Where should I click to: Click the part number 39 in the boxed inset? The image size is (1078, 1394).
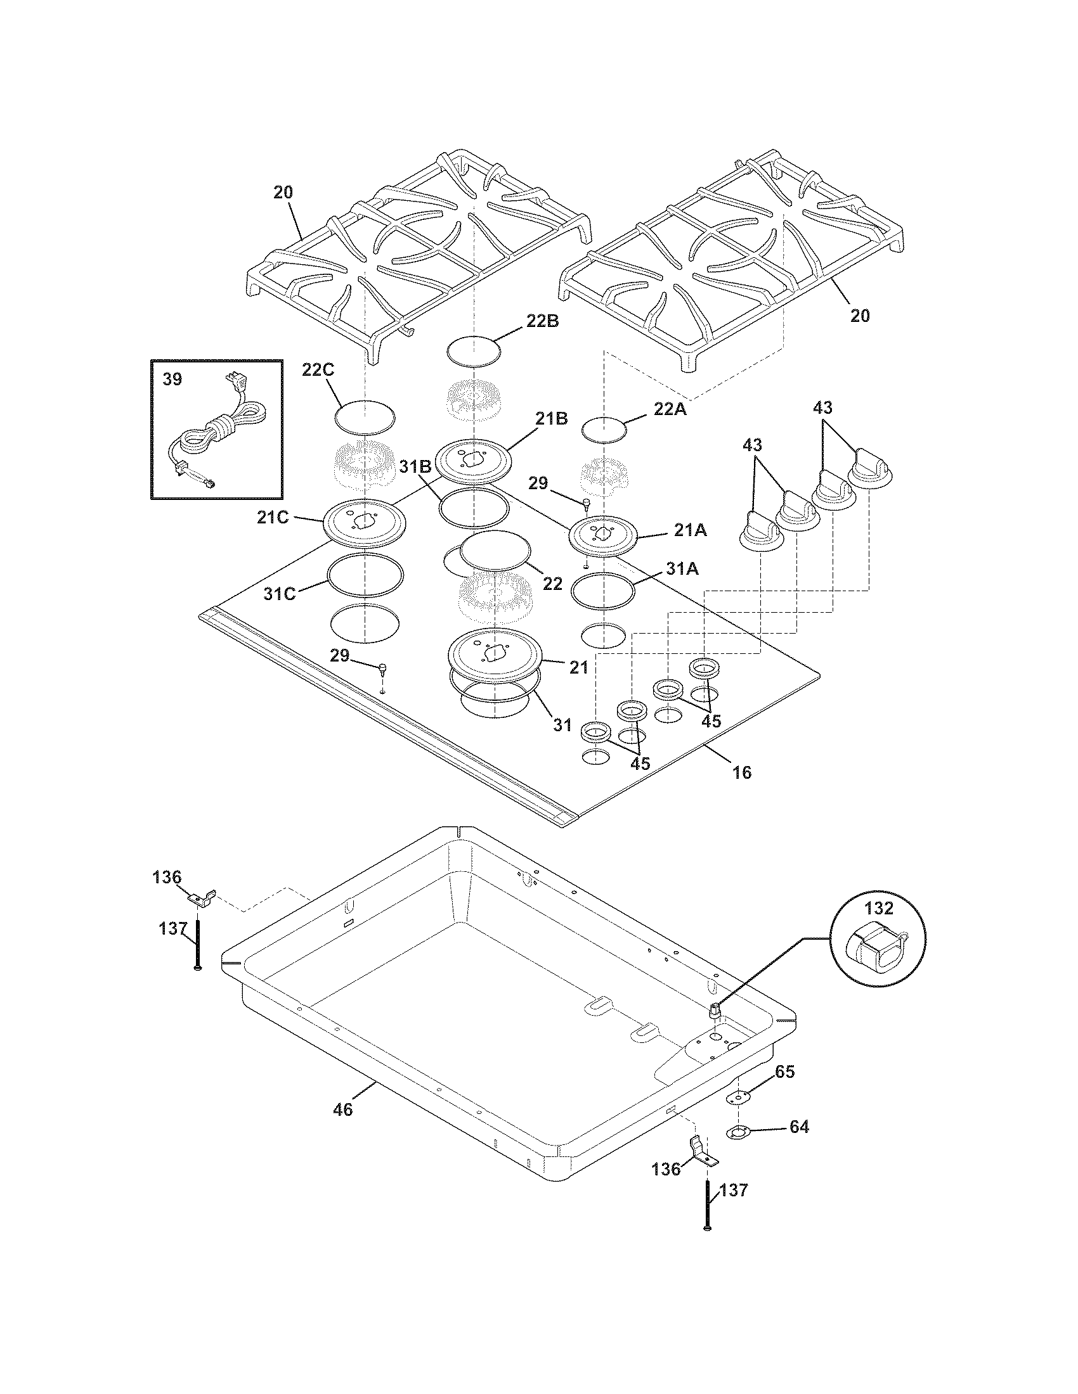pyautogui.click(x=172, y=379)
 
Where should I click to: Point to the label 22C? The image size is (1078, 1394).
pyautogui.click(x=318, y=369)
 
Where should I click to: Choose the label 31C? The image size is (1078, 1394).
pyautogui.click(x=280, y=594)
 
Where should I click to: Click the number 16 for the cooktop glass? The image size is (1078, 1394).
pyautogui.click(x=741, y=772)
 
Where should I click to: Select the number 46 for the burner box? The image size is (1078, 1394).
pyautogui.click(x=342, y=1109)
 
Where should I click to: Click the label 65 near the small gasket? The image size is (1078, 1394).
pyautogui.click(x=785, y=1071)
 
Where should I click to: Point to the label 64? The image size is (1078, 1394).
pyautogui.click(x=799, y=1127)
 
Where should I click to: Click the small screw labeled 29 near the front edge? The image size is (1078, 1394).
pyautogui.click(x=382, y=669)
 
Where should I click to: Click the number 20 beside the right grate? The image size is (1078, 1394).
pyautogui.click(x=860, y=316)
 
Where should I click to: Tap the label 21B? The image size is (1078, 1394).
pyautogui.click(x=552, y=418)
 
